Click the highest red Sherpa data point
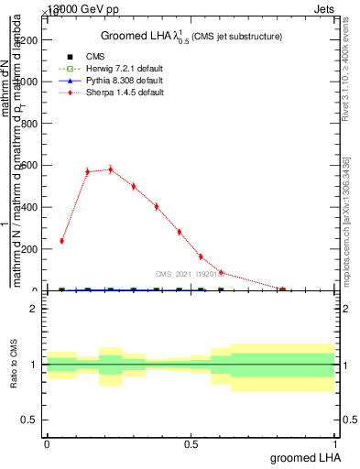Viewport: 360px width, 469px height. (x=111, y=169)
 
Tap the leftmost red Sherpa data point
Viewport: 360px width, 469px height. (x=61, y=241)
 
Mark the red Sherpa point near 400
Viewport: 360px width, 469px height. (x=157, y=206)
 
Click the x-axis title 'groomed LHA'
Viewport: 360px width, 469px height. (x=304, y=457)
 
